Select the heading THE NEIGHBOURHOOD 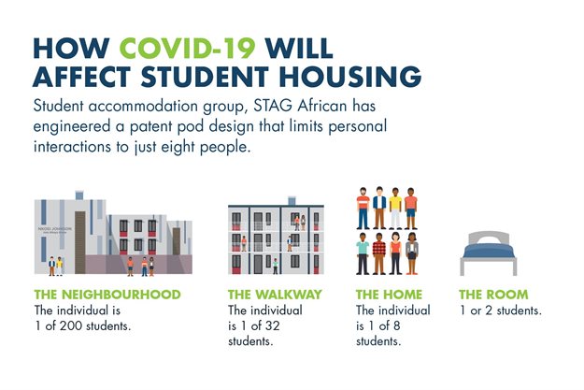point(107,295)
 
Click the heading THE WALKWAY point(276,295)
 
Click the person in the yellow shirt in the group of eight point(396,207)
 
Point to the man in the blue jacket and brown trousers point(379,207)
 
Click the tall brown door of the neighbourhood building point(81,246)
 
